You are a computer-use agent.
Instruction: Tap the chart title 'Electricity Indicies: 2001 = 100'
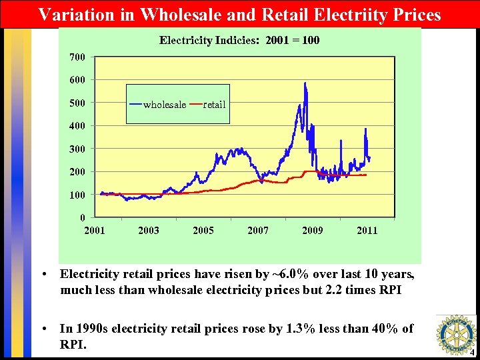(239, 40)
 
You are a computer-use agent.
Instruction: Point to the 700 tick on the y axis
(77, 57)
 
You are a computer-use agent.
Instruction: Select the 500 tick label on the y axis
(77, 103)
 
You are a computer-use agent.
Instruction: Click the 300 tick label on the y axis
(77, 149)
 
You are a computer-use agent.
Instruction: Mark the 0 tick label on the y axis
(82, 217)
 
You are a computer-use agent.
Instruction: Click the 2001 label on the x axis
(94, 231)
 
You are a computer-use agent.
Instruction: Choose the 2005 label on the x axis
(203, 231)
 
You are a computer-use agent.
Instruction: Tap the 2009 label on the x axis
(313, 231)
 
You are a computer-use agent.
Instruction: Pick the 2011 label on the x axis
(367, 231)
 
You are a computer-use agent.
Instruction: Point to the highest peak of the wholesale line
(305, 83)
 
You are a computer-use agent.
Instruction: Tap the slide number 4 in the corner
(471, 353)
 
